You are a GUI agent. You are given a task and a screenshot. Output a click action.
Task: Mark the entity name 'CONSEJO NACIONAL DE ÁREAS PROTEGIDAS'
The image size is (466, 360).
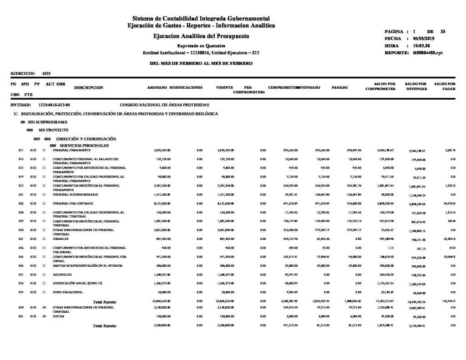tap(164, 105)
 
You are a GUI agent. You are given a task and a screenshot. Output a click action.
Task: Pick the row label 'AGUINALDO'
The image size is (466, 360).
tap(61, 274)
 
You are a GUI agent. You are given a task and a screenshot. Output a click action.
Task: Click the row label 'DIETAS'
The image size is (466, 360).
tap(58, 315)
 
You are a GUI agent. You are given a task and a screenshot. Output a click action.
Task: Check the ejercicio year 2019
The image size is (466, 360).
tap(46, 72)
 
